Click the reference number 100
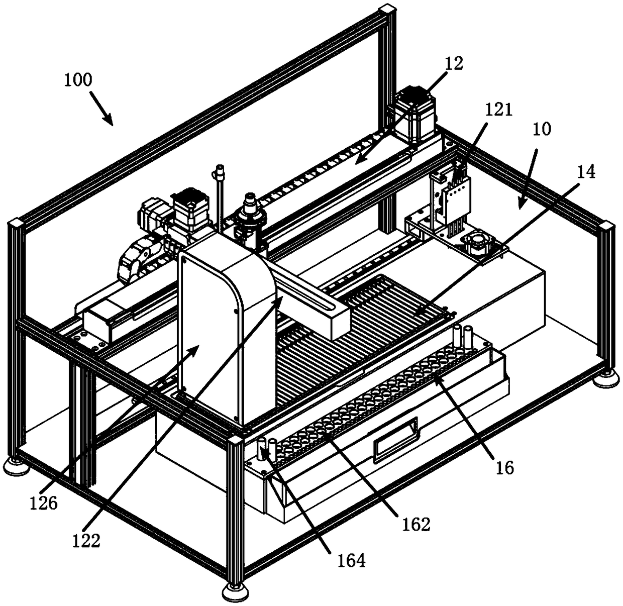pyautogui.click(x=78, y=80)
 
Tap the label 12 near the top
pyautogui.click(x=454, y=64)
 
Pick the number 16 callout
pyautogui.click(x=503, y=467)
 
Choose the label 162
pyautogui.click(x=417, y=524)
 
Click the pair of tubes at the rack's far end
pyautogui.click(x=462, y=335)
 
